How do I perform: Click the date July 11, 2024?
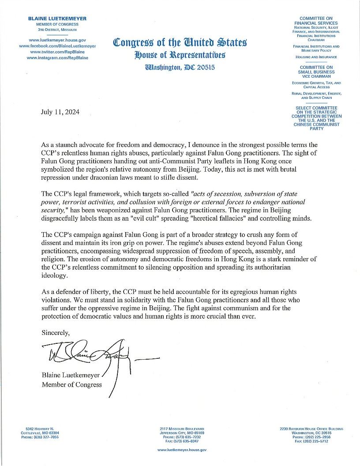[x=60, y=112]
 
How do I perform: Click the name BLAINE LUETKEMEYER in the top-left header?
[x=57, y=19]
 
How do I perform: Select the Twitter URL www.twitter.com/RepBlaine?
[x=57, y=52]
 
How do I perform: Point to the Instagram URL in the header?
[x=57, y=58]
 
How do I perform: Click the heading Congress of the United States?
[x=180, y=43]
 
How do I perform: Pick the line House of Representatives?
[x=180, y=55]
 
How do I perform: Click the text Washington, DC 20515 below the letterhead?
[x=180, y=68]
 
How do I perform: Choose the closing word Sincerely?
[x=56, y=332]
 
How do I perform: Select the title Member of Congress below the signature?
[x=71, y=384]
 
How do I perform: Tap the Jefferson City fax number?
[x=182, y=441]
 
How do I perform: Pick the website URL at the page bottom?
[x=182, y=450]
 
